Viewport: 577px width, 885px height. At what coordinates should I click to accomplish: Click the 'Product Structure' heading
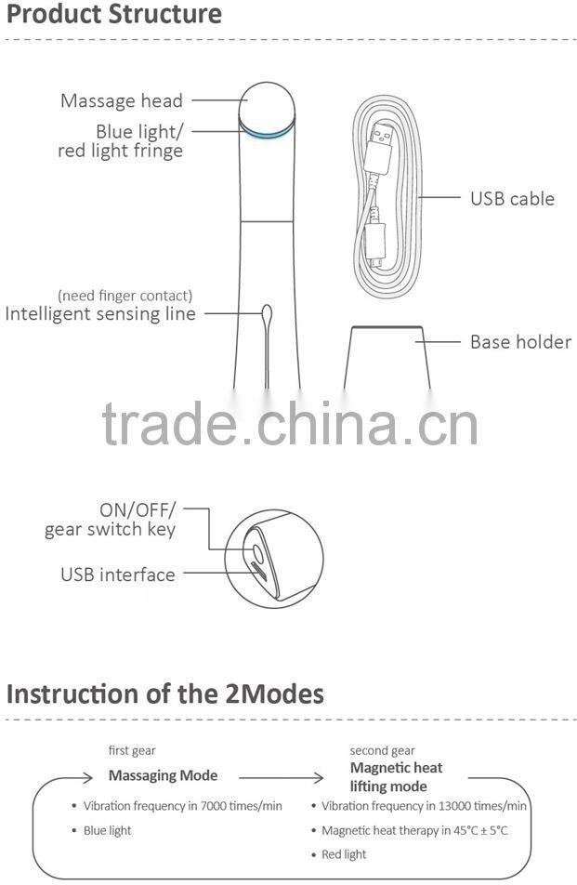tap(114, 15)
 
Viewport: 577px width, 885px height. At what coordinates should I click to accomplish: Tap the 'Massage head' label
tap(122, 100)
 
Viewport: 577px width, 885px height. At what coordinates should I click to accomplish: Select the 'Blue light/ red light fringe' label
tap(121, 140)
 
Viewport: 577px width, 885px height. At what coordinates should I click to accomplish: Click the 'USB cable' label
tap(512, 198)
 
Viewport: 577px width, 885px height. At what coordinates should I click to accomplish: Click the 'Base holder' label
tap(520, 342)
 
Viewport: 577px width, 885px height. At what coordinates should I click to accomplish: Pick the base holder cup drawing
tap(388, 358)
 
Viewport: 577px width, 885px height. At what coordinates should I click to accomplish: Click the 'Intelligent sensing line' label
tap(100, 313)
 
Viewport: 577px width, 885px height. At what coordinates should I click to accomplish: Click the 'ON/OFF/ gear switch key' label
tap(111, 520)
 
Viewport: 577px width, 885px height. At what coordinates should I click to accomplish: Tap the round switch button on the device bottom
tap(255, 555)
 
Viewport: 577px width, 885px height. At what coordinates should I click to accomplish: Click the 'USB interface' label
tap(118, 575)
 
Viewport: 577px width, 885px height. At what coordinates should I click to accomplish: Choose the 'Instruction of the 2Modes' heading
tap(165, 693)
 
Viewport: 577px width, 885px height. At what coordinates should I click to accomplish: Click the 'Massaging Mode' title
tap(164, 775)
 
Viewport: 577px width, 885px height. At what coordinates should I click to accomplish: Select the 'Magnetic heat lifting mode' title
tap(396, 776)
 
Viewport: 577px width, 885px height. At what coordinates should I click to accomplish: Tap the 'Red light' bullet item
tap(344, 854)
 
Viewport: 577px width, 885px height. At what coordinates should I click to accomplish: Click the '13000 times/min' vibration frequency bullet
tap(425, 806)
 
